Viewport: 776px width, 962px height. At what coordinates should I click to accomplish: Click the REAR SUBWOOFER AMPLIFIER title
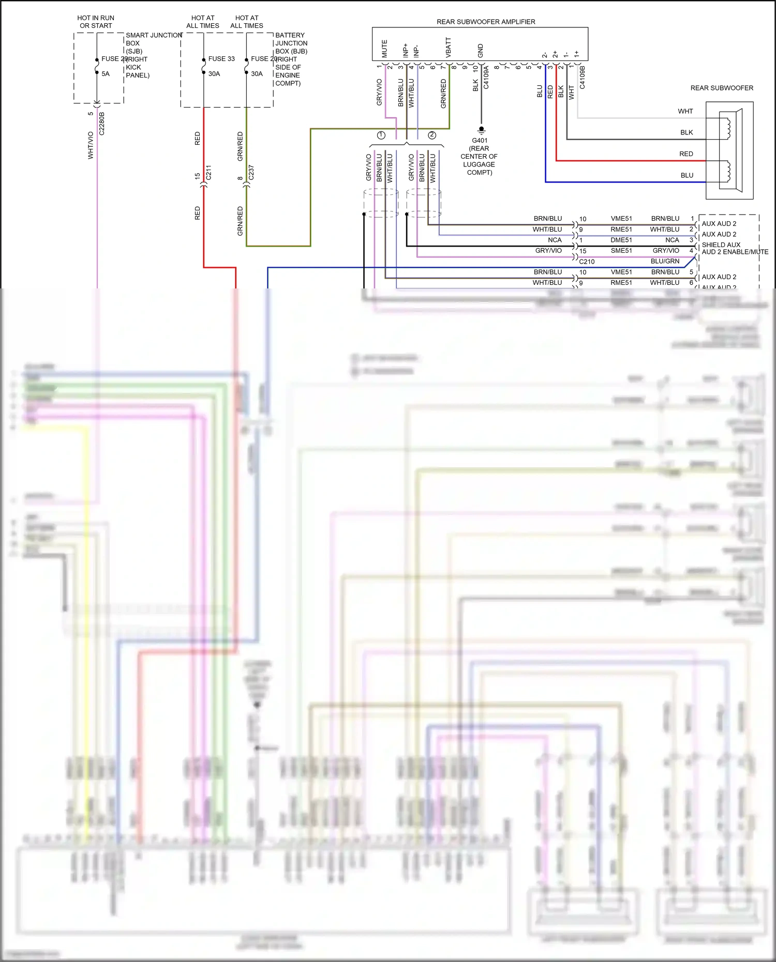486,22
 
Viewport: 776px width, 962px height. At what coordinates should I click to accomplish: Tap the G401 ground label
480,141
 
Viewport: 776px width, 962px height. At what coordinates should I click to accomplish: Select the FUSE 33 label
221,59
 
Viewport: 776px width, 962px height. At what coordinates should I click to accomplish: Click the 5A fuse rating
106,74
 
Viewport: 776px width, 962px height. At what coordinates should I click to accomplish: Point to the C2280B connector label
101,124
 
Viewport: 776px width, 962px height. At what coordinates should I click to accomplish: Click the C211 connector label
208,173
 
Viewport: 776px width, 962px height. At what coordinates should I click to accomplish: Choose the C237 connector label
251,173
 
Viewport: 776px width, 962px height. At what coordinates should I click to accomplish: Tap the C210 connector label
587,262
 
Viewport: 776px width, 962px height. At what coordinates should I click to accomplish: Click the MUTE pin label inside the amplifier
384,49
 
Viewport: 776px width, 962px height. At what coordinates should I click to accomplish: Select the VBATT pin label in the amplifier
448,47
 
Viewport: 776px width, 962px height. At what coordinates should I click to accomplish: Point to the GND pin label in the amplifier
480,51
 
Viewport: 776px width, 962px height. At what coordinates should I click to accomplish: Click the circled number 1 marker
381,135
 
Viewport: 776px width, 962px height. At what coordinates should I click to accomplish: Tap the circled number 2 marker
432,135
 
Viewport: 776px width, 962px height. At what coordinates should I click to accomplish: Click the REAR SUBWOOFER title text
722,88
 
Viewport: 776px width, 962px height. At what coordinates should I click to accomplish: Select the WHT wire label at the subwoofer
685,111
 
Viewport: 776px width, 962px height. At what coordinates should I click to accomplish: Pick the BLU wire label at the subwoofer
687,175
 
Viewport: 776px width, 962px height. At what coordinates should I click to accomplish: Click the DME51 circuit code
621,240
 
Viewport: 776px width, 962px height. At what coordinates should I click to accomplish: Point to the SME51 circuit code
621,251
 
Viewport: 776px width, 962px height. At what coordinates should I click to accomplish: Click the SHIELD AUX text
721,245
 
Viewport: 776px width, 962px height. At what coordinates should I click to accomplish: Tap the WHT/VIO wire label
91,145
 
